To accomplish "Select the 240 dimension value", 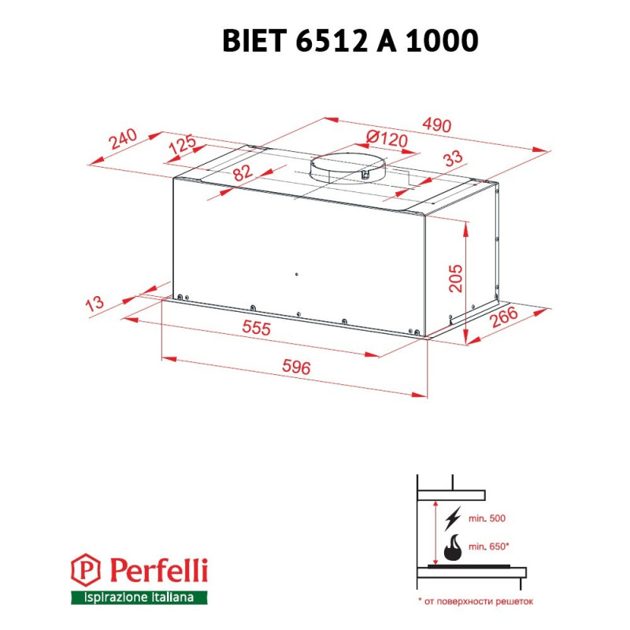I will coord(124,139).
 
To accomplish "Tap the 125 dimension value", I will coord(183,146).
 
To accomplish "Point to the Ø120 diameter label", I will coord(387,139).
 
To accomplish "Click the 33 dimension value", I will coord(452,158).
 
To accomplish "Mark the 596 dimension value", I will coord(296,368).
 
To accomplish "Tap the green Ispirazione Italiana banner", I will coord(139,598).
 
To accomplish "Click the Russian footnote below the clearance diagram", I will coord(476,601).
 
